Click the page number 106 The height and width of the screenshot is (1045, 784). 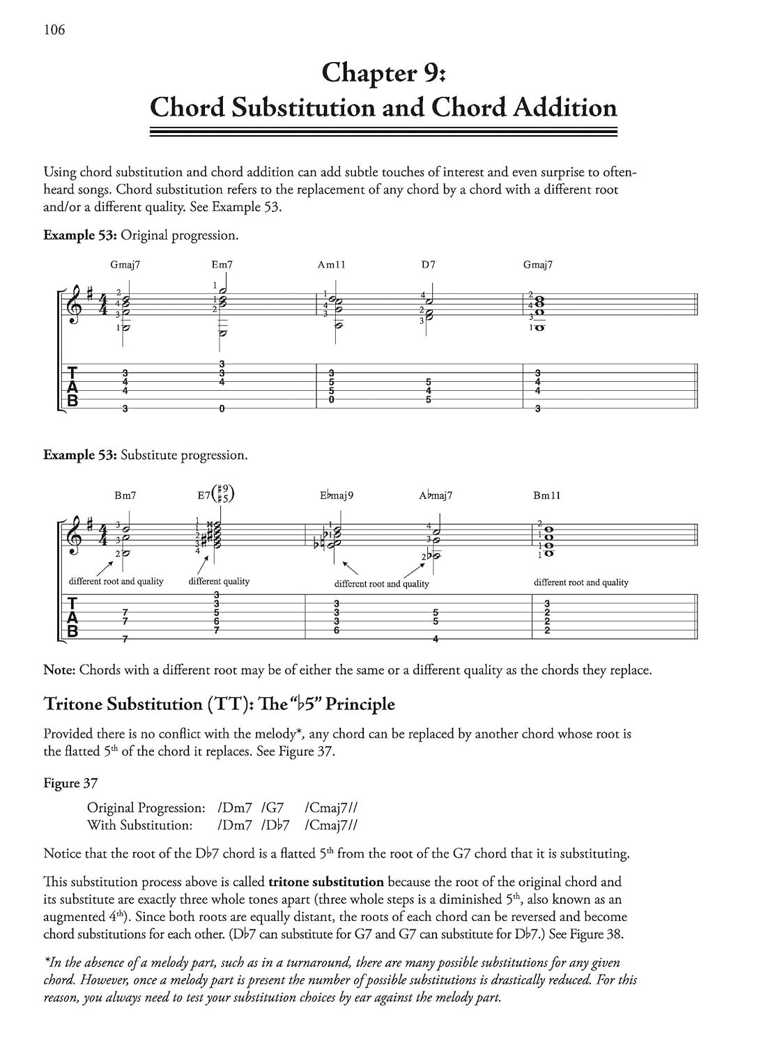click(54, 29)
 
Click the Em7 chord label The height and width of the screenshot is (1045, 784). click(222, 265)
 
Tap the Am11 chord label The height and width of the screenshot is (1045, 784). click(332, 265)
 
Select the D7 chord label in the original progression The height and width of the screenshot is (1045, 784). click(428, 265)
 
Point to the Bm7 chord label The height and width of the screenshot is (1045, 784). click(125, 495)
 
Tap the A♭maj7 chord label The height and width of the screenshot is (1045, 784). click(436, 495)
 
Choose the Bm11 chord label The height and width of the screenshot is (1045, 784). click(546, 495)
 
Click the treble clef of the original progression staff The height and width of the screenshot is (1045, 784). click(73, 306)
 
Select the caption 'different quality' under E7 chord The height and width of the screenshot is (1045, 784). click(219, 581)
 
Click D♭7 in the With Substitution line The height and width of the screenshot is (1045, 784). click(275, 826)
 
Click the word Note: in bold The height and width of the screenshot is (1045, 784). click(59, 670)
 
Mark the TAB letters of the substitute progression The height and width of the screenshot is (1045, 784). click(72, 617)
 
